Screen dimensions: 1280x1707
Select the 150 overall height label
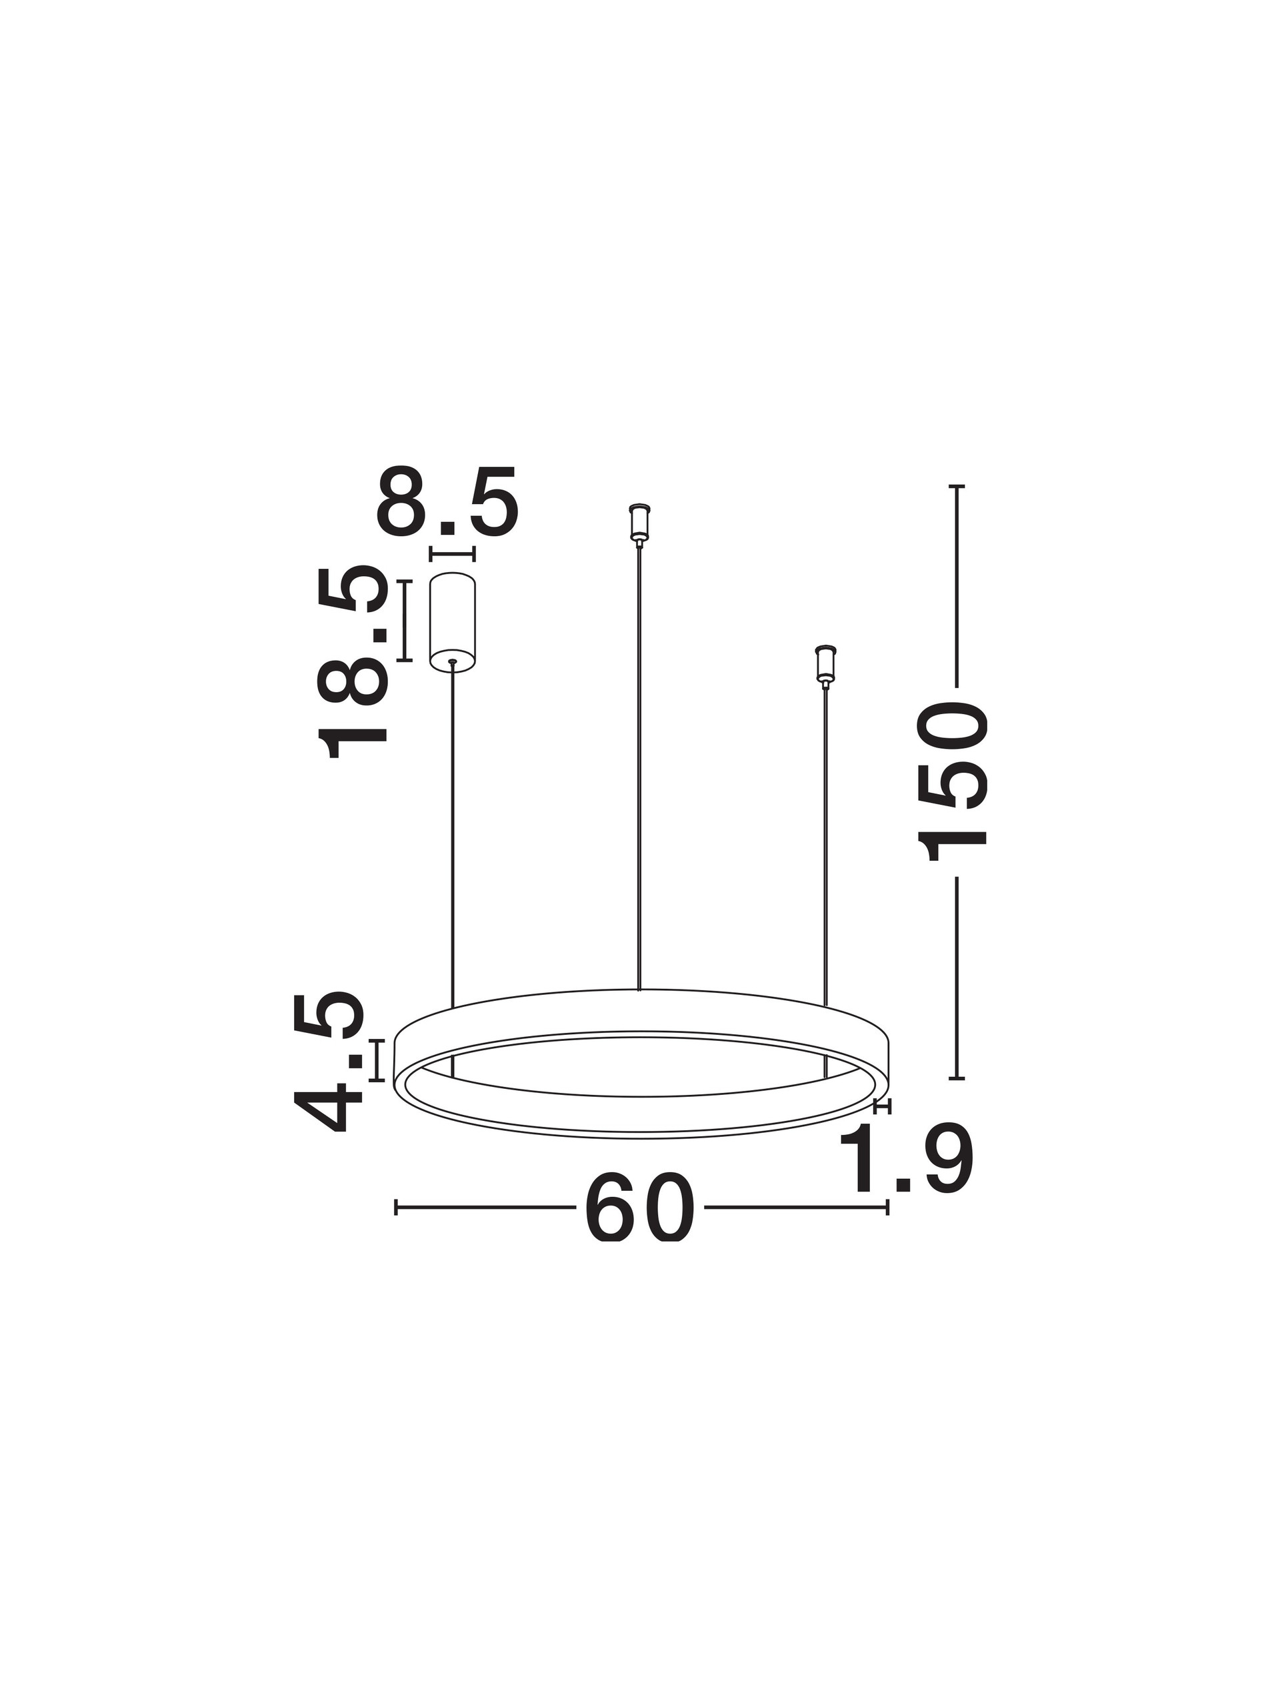click(x=950, y=781)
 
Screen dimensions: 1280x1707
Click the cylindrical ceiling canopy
click(x=452, y=622)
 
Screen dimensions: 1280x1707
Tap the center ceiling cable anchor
click(x=639, y=523)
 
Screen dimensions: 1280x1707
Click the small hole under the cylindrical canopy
click(x=452, y=661)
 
